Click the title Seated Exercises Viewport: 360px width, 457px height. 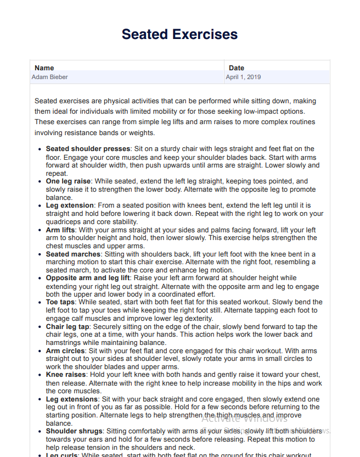(x=179, y=35)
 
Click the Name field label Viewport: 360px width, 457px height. (x=44, y=68)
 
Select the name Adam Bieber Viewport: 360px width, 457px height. (x=49, y=77)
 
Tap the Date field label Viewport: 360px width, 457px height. (x=237, y=68)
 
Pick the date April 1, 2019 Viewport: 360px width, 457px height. (x=243, y=77)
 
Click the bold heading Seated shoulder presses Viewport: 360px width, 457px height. (x=88, y=149)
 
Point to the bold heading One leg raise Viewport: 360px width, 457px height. (x=68, y=181)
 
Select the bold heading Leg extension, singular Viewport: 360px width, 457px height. (x=70, y=205)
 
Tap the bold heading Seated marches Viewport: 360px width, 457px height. (x=73, y=254)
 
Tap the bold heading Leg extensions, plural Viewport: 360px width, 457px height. (x=72, y=399)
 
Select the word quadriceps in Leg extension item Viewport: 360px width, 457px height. (x=63, y=222)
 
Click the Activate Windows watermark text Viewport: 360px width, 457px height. (x=244, y=419)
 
